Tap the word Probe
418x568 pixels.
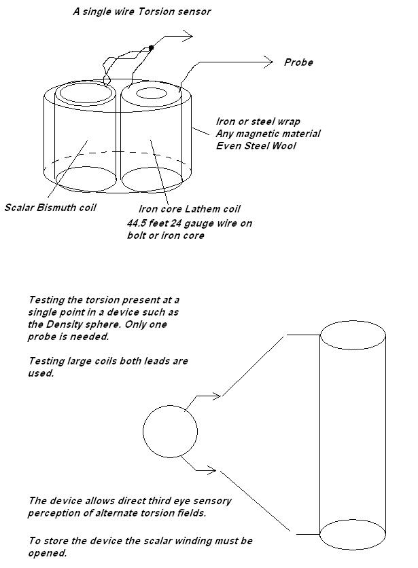coord(298,62)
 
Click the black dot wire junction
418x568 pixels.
coord(151,48)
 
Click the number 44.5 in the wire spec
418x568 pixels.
coord(139,223)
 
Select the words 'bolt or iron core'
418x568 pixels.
coord(168,235)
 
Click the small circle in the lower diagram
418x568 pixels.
coord(170,431)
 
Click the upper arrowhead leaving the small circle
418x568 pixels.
coord(217,395)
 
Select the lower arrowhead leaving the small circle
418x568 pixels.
coord(213,470)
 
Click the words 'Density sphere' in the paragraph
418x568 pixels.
coord(81,325)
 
